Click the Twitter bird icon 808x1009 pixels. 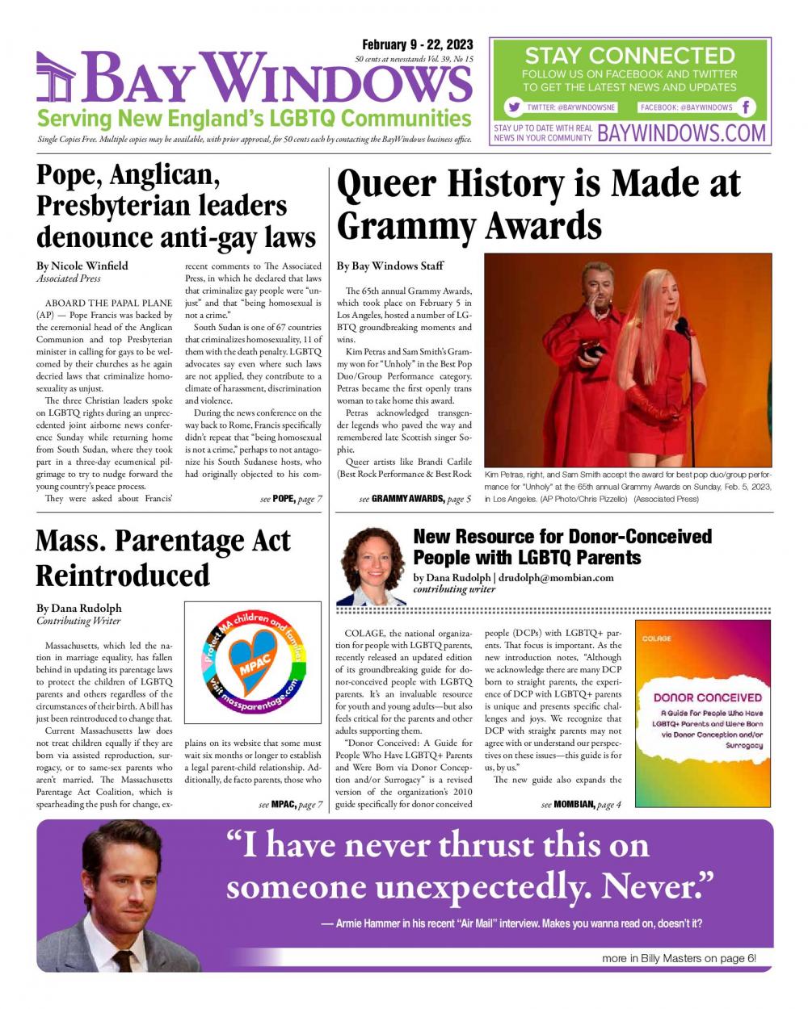(x=513, y=107)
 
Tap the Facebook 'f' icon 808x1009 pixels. (x=747, y=107)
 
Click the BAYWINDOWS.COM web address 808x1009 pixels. (x=681, y=133)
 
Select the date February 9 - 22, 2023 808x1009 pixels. (x=417, y=44)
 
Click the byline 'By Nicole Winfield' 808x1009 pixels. (x=82, y=266)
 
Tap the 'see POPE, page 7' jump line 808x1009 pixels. (x=291, y=499)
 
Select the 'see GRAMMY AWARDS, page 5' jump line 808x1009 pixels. (x=415, y=499)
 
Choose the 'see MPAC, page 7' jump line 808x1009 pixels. (x=291, y=805)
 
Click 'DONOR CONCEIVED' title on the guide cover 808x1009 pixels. (x=707, y=697)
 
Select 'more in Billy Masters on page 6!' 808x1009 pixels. (x=679, y=958)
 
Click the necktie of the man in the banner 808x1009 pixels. (x=124, y=960)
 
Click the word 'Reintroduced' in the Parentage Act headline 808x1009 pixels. (x=123, y=576)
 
